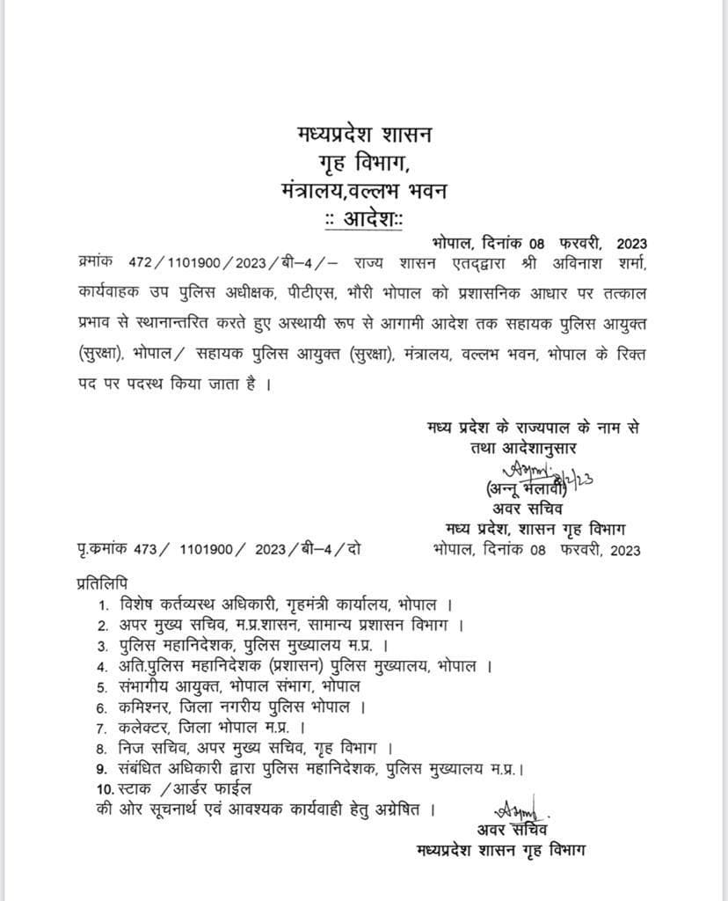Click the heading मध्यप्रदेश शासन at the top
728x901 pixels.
tap(363, 138)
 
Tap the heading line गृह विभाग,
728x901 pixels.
tap(363, 165)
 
